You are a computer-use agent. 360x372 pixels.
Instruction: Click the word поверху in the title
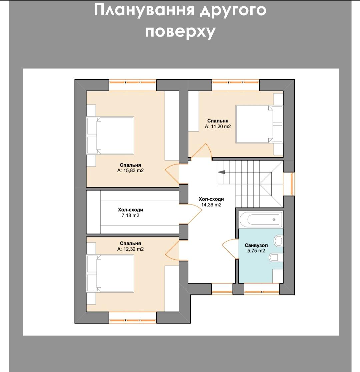180,32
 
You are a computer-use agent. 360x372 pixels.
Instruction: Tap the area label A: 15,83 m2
130,171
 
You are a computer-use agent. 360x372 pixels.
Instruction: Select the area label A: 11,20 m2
218,127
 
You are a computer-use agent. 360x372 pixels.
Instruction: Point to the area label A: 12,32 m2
130,249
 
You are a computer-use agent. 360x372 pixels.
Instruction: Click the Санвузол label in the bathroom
256,245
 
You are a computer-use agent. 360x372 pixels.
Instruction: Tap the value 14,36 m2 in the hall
211,205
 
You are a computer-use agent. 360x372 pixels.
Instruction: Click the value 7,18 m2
130,215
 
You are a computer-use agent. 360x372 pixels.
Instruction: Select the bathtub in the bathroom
261,219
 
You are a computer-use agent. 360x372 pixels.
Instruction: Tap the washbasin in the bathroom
278,241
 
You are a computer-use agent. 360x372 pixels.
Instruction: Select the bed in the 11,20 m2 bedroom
259,124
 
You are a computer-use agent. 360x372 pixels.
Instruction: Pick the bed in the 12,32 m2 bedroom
110,273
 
